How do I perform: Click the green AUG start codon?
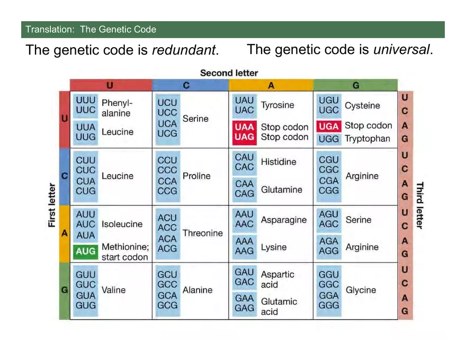pos(86,251)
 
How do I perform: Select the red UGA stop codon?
pos(328,127)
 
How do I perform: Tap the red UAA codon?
pos(245,127)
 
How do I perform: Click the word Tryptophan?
pos(367,139)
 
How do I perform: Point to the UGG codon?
pos(329,139)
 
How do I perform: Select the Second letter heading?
pos(229,73)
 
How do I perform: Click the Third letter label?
pos(419,205)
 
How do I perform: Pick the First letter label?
pos(52,205)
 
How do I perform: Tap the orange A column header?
pos(271,85)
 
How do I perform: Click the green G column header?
pos(355,85)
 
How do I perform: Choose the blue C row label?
pos(64,176)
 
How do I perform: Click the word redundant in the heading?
pos(184,50)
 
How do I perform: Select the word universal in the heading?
pos(401,50)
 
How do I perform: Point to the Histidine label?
pos(279,162)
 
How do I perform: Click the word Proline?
pos(196,176)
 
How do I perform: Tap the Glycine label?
pos(361,290)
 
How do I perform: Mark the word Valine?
pos(113,290)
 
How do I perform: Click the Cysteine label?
pos(362,105)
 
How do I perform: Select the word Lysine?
pos(274,247)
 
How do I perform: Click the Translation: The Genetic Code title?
pos(91,29)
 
